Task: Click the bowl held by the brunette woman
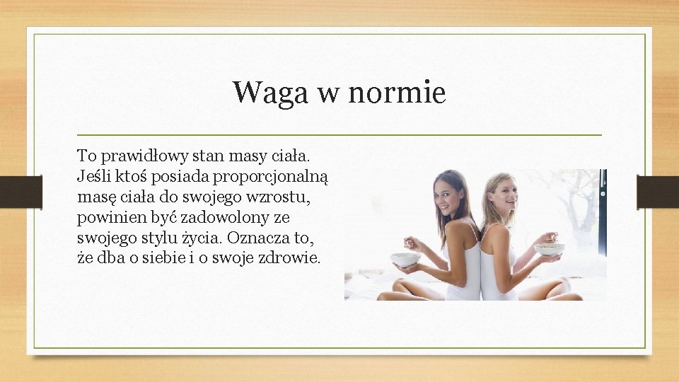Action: click(405, 259)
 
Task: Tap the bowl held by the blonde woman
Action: click(550, 249)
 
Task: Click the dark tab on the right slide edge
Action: click(657, 191)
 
